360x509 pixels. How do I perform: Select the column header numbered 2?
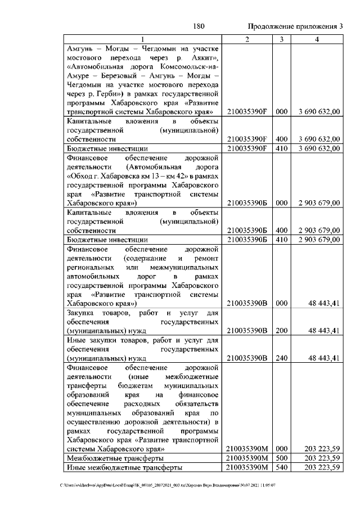click(247, 39)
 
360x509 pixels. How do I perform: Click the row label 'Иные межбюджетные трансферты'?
click(124, 467)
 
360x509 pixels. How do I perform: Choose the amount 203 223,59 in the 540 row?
click(321, 467)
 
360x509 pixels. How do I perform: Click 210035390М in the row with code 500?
click(247, 458)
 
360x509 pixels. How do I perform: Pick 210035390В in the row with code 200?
click(247, 330)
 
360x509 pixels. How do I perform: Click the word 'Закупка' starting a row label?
click(81, 312)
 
